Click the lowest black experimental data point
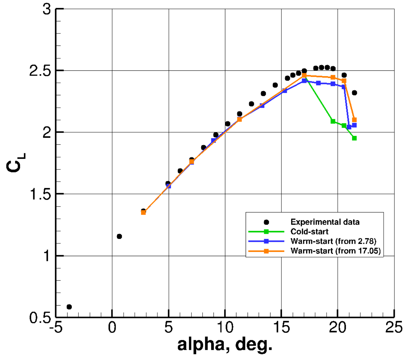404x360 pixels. (x=69, y=307)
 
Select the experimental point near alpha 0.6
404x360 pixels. (x=119, y=236)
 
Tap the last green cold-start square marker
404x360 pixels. (x=354, y=138)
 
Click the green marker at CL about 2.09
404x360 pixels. (x=333, y=121)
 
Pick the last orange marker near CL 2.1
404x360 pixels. (x=354, y=120)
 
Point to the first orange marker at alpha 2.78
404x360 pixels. (x=143, y=212)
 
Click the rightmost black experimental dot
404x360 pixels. (x=354, y=93)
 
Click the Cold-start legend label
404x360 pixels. (x=309, y=232)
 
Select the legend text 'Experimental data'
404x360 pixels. (x=325, y=222)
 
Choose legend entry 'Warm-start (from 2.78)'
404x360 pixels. (x=333, y=241)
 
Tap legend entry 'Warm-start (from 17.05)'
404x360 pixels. (x=335, y=251)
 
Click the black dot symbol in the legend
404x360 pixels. (x=266, y=222)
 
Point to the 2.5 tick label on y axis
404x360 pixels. (x=40, y=71)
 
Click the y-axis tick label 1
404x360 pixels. (x=47, y=256)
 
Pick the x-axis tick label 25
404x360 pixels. (x=394, y=328)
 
